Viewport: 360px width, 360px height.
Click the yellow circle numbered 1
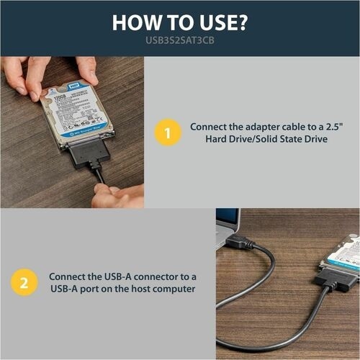coord(168,132)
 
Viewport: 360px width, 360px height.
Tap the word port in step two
coord(89,289)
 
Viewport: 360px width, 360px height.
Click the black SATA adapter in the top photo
coord(91,153)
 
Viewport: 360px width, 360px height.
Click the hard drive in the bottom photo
coord(343,251)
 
